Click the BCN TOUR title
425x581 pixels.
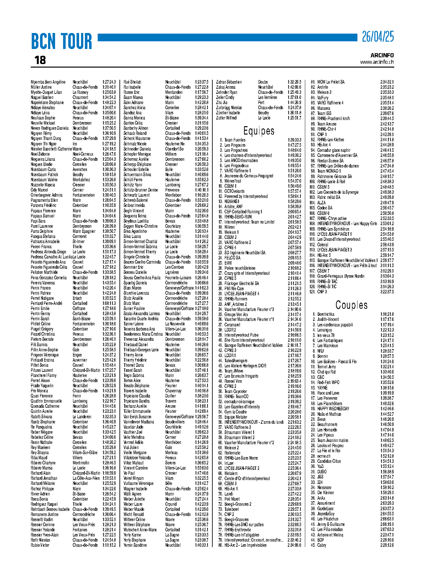[61, 41]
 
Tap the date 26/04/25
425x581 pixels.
[378, 37]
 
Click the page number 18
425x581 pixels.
[40, 60]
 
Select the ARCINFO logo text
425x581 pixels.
[382, 55]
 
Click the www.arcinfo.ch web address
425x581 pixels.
[377, 62]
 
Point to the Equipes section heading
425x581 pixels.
[259, 131]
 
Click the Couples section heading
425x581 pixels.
[351, 305]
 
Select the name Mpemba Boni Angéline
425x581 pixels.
[48, 82]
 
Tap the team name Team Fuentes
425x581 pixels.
[235, 140]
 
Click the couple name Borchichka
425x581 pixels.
[326, 314]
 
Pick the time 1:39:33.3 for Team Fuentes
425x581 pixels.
[294, 140]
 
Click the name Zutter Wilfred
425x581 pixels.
[226, 118]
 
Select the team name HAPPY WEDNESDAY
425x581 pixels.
[333, 409]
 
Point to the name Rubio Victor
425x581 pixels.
[40, 545]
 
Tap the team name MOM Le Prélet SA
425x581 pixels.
[331, 82]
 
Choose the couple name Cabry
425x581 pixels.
[322, 545]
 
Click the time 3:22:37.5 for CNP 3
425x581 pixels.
[387, 292]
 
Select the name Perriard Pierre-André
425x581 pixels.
[46, 303]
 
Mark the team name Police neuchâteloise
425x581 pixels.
[240, 268]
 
